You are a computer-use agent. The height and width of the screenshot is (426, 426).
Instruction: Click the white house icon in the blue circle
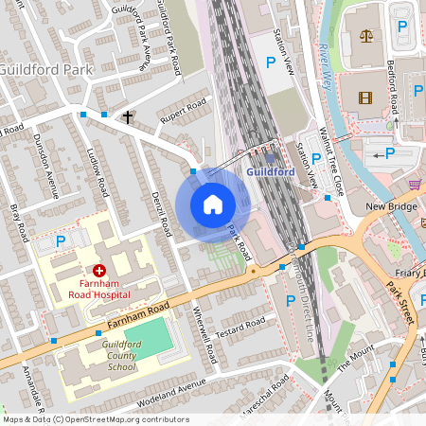[x=213, y=204]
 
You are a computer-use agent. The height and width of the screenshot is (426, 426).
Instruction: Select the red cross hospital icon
[x=98, y=270]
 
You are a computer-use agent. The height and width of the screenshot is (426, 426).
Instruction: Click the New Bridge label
[x=391, y=206]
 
